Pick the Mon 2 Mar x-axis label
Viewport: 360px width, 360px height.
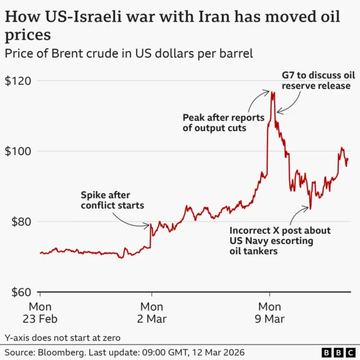pyautogui.click(x=151, y=312)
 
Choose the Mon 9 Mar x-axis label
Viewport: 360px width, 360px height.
pyautogui.click(x=270, y=312)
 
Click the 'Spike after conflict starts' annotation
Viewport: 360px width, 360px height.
pyautogui.click(x=112, y=200)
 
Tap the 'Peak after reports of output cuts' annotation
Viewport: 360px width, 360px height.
pyautogui.click(x=215, y=123)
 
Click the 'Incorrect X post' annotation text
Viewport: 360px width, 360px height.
pyautogui.click(x=280, y=241)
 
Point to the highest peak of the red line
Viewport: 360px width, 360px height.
pyautogui.click(x=272, y=91)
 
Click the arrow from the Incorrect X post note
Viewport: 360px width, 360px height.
pyautogui.click(x=301, y=215)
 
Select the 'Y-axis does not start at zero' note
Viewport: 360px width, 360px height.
pyautogui.click(x=62, y=337)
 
